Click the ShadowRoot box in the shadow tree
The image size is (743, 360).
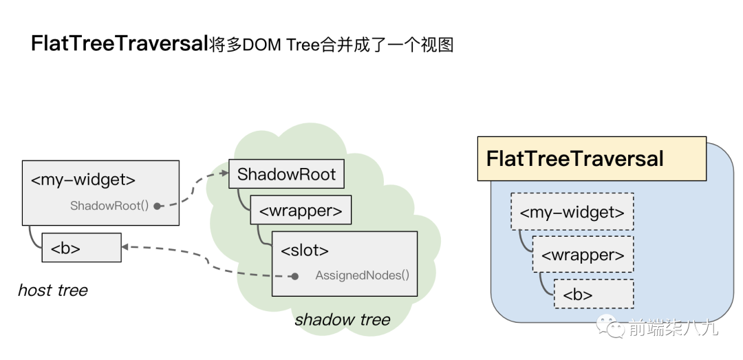click(286, 174)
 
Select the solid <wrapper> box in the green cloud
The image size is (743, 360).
click(301, 210)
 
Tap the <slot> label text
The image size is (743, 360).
click(305, 250)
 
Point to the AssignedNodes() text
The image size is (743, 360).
click(362, 275)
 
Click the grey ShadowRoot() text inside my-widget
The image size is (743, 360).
click(109, 206)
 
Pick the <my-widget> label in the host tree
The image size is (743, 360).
click(83, 180)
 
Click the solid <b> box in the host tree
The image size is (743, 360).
click(81, 247)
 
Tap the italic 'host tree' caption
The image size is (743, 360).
click(52, 290)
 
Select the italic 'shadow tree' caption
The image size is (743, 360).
click(343, 319)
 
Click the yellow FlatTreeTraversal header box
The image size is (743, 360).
click(592, 159)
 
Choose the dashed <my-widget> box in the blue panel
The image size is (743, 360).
click(572, 211)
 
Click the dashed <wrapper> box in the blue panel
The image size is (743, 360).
click(583, 254)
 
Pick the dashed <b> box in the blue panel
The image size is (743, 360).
click(594, 294)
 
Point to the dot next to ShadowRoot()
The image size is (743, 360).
click(157, 206)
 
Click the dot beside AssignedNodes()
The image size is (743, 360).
click(294, 276)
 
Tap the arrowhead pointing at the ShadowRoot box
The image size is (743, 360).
click(224, 174)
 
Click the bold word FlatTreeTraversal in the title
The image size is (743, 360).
click(120, 44)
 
